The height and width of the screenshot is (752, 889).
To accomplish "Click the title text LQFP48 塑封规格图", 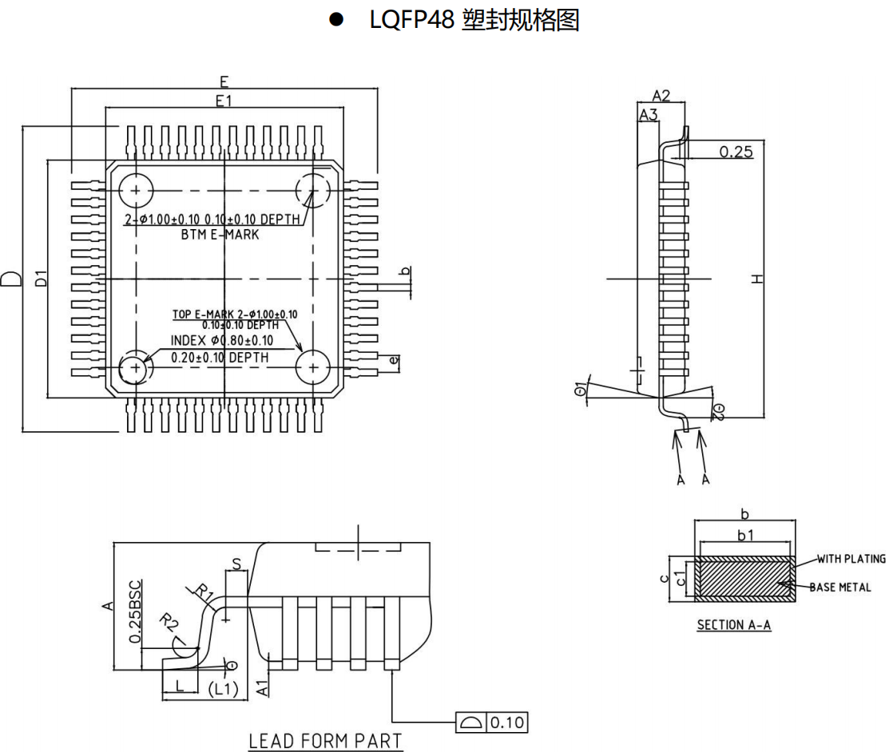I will click(474, 21).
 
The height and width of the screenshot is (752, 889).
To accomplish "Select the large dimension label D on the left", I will click(12, 279).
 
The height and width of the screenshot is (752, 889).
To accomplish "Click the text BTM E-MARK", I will click(215, 235).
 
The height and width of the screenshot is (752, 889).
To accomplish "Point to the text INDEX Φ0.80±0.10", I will click(222, 341).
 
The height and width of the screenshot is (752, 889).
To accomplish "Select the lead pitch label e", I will click(393, 361).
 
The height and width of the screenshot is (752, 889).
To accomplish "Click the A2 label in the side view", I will click(661, 96).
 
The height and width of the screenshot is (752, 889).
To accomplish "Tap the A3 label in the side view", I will click(648, 115).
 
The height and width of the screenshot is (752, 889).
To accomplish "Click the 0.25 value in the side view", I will click(736, 152).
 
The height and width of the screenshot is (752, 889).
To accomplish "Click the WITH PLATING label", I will click(851, 559).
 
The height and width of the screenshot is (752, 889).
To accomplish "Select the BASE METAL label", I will click(839, 587).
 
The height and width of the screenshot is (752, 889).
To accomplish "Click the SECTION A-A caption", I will click(733, 625).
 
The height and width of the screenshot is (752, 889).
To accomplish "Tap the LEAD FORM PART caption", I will click(325, 741).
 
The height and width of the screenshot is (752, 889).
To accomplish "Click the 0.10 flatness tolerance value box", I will click(506, 722).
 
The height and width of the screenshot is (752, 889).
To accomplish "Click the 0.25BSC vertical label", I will click(136, 611).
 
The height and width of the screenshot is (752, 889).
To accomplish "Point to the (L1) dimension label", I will click(223, 688).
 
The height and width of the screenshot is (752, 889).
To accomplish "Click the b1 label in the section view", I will click(744, 535).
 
